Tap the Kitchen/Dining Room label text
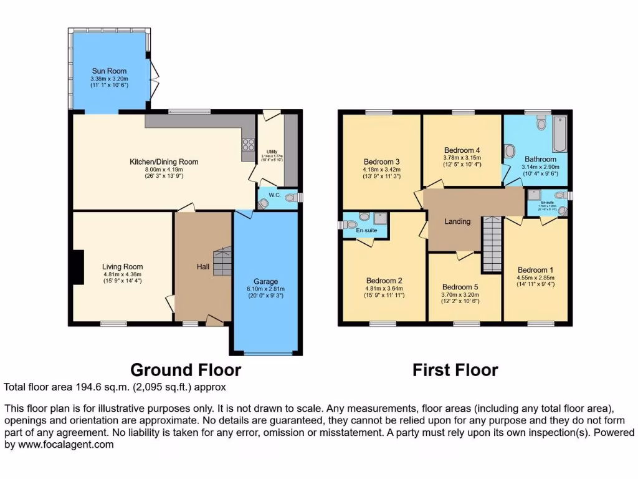coord(164,162)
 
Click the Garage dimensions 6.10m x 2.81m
coord(265,288)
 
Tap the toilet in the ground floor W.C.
coord(264,203)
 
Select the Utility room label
coord(271,152)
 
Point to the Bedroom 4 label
coord(462,150)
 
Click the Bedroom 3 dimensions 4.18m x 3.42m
coord(382,170)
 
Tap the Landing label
coord(457,221)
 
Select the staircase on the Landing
coord(492,244)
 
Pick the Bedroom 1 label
coord(535,270)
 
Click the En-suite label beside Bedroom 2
coord(366,230)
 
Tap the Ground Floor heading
coord(185,370)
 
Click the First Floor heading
coord(455,370)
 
